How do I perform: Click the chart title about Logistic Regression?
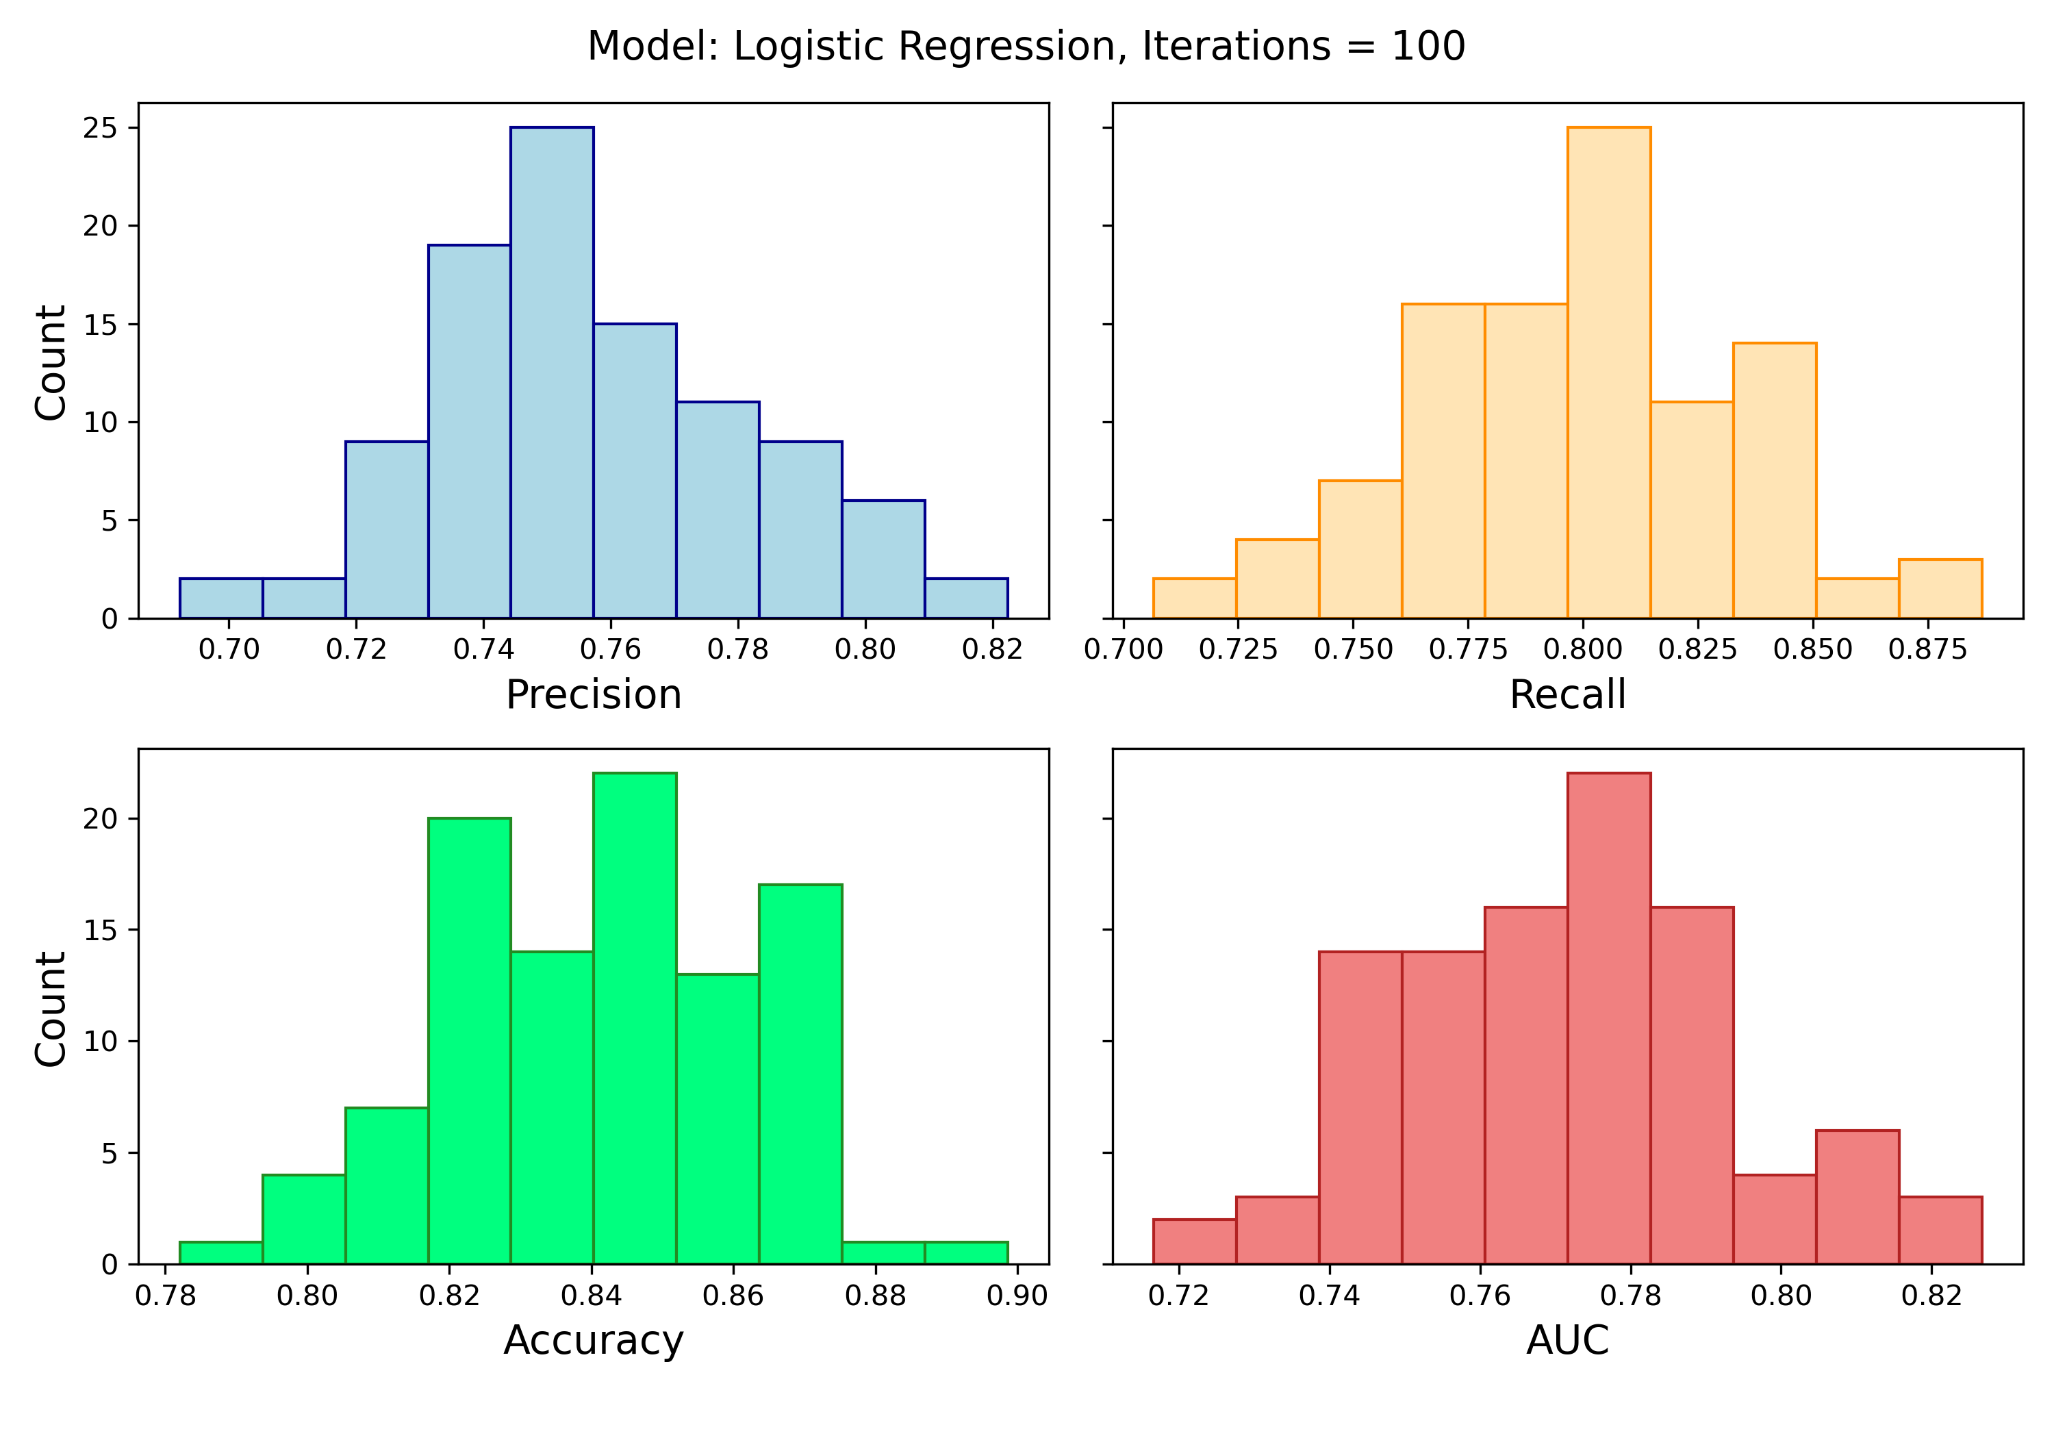1026,47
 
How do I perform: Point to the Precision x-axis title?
593,695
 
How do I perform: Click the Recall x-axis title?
1567,695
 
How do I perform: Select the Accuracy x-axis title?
593,1341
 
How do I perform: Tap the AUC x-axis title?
1567,1341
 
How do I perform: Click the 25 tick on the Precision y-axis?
100,129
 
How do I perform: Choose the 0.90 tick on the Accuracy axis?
1017,1296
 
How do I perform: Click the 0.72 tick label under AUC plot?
1179,1296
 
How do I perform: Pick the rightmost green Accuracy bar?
966,1252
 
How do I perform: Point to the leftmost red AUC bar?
1194,1242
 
